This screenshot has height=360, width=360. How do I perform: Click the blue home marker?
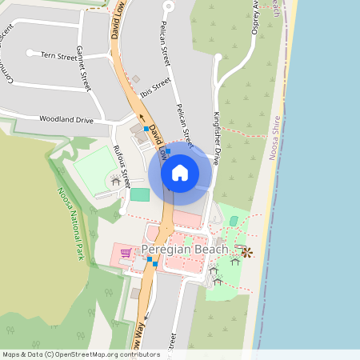[180, 172]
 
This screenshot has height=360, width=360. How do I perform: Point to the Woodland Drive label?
[66, 119]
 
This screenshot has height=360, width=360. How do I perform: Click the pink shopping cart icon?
[126, 253]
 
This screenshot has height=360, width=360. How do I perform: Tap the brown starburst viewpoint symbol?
[246, 253]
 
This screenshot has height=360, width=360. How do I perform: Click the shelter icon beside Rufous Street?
[116, 182]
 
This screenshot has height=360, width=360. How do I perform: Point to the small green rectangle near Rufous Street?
[139, 194]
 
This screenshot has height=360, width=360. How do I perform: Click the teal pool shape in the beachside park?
[234, 221]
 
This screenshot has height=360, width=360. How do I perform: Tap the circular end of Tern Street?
[30, 53]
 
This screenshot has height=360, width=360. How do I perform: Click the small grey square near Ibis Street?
[136, 79]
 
